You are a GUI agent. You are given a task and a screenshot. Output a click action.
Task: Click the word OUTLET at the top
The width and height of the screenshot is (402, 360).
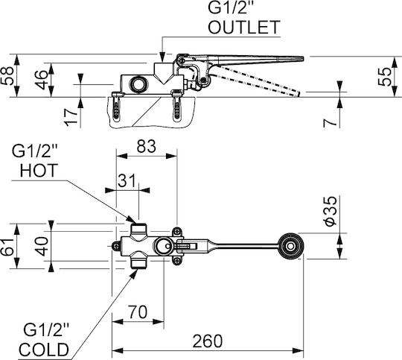[244, 28]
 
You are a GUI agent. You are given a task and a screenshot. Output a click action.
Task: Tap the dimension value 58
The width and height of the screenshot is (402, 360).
[7, 75]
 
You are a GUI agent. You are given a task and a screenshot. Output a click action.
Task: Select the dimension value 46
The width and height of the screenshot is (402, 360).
[42, 80]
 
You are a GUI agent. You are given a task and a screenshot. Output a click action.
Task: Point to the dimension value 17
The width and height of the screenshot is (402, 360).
[71, 117]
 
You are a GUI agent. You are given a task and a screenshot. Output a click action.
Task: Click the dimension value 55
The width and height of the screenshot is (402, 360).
[385, 77]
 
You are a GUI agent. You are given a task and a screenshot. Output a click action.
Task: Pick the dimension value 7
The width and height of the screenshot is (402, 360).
[330, 123]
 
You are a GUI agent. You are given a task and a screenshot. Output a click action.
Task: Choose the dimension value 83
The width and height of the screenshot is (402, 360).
[146, 146]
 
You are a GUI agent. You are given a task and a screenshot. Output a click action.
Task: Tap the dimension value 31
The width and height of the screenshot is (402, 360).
[127, 180]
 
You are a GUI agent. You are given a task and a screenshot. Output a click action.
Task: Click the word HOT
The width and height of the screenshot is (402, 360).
[39, 170]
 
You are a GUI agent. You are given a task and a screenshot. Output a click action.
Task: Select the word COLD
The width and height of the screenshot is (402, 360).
[44, 350]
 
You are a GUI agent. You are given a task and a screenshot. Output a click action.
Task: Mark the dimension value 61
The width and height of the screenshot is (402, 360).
[7, 247]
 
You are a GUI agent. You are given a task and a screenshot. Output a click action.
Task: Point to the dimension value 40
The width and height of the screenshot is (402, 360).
[42, 246]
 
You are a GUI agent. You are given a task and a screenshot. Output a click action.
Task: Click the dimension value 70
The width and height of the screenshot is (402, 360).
[138, 312]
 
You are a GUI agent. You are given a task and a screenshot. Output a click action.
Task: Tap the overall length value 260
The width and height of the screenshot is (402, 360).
[208, 341]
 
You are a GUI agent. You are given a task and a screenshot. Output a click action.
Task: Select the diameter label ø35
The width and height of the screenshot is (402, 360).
[330, 211]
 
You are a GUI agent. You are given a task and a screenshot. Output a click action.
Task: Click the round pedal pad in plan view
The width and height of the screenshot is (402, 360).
[291, 246]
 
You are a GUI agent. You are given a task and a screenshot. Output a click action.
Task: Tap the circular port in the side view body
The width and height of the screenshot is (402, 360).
[138, 83]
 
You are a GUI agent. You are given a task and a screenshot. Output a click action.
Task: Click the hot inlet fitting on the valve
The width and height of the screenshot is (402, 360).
[138, 231]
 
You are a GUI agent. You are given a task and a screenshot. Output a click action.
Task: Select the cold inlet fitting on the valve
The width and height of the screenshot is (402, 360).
[138, 260]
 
